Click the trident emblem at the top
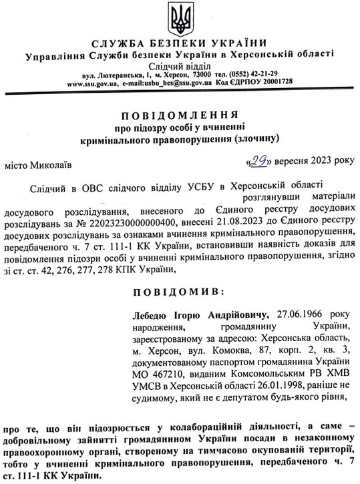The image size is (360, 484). pyautogui.click(x=180, y=18)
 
